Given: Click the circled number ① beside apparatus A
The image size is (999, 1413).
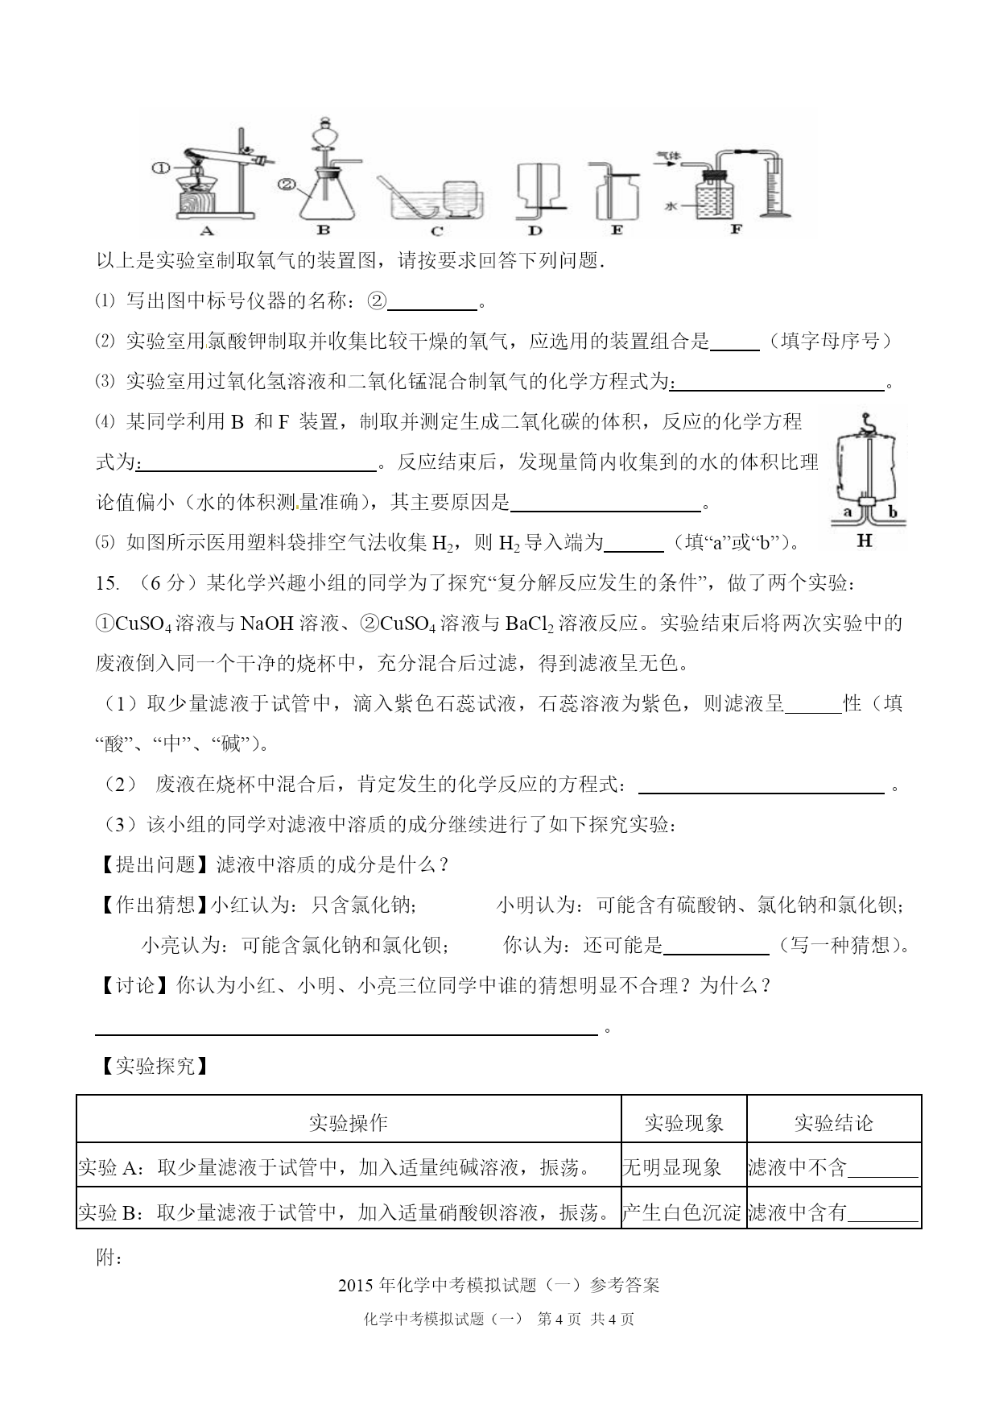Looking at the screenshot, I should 160,168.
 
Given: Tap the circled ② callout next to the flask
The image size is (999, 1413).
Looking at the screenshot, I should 287,184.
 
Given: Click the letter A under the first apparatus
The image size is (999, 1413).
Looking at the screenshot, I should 206,231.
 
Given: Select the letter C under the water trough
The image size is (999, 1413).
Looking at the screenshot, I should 436,231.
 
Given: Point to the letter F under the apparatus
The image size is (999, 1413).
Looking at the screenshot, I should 735,229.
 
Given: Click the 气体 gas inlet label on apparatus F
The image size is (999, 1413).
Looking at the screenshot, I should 667,153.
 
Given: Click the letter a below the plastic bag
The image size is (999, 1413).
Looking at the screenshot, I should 847,512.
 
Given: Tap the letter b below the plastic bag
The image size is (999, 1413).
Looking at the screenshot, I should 892,512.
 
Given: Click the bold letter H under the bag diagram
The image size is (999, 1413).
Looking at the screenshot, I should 865,541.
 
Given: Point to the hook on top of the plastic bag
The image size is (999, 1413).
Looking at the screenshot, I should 866,420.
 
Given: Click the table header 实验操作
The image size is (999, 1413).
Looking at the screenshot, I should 349,1122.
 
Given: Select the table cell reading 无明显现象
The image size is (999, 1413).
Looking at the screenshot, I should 672,1166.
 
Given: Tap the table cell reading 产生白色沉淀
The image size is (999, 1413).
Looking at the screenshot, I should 683,1211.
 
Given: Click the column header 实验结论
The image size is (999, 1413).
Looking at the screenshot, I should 833,1122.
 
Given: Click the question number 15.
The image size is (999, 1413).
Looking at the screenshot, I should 107,582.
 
